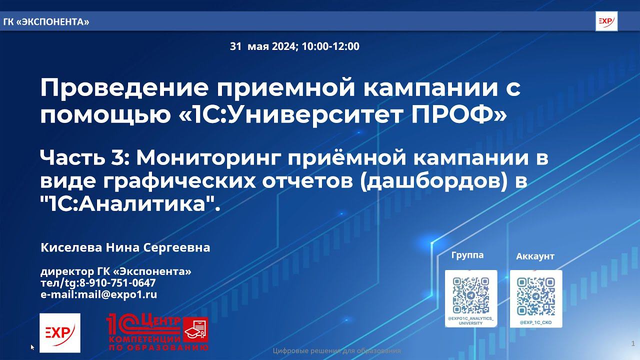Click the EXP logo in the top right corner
pyautogui.click(x=606, y=21)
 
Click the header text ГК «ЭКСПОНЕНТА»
pyautogui.click(x=46, y=21)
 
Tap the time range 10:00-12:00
pyautogui.click(x=330, y=46)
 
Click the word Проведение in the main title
pyautogui.click(x=111, y=88)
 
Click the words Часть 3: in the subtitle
pyautogui.click(x=85, y=158)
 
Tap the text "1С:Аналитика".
pyautogui.click(x=130, y=204)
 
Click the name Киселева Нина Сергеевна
pyautogui.click(x=125, y=247)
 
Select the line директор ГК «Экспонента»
pyautogui.click(x=115, y=271)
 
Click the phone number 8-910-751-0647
pyautogui.click(x=117, y=283)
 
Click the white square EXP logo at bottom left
pyautogui.click(x=59, y=332)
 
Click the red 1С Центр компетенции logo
pyautogui.click(x=157, y=332)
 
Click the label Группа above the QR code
pyautogui.click(x=467, y=255)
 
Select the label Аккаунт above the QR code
pyautogui.click(x=535, y=256)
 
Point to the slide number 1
pyautogui.click(x=633, y=343)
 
